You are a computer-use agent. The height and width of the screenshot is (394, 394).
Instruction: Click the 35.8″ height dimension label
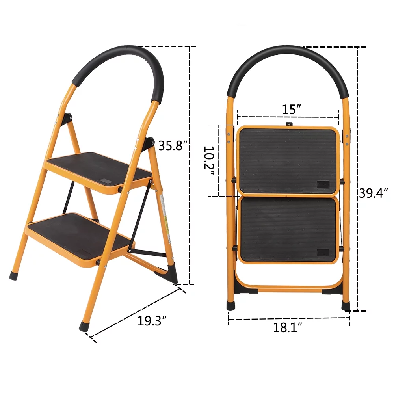pos(171,146)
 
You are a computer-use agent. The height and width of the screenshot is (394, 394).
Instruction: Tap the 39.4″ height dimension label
pos(373,193)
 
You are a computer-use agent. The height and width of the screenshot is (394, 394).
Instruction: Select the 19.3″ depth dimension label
pos(150,321)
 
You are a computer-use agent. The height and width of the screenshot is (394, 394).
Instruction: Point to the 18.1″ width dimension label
pos(288,327)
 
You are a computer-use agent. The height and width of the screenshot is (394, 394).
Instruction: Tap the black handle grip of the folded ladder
pos(288,63)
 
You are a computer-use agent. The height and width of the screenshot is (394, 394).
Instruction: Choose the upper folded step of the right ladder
pos(289,160)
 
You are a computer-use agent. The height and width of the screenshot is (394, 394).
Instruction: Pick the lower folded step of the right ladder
pos(289,230)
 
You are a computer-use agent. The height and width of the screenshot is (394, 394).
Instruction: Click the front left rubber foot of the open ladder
pos(13,274)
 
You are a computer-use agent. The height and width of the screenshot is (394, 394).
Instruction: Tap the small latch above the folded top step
pos(290,124)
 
